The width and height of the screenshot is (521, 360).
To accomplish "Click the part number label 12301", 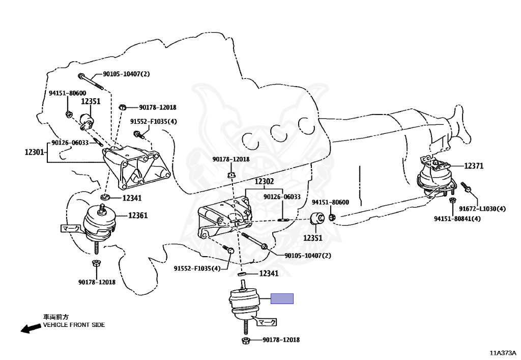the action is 34,152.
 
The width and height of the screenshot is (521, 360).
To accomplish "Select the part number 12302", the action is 265,181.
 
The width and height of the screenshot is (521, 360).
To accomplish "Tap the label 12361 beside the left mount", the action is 138,215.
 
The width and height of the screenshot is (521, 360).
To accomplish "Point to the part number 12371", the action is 474,165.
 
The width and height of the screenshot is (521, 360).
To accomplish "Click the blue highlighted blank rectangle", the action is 282,298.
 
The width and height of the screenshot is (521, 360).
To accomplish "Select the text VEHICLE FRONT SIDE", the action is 74,325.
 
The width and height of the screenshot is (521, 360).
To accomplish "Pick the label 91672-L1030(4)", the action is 482,209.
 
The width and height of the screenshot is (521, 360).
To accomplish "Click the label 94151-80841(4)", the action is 457,219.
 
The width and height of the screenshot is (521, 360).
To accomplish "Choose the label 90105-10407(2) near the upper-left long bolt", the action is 126,74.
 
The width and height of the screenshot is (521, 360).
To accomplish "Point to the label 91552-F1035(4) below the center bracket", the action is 197,268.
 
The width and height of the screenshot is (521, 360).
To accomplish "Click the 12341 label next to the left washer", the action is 132,198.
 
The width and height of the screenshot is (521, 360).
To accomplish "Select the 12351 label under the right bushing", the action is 313,238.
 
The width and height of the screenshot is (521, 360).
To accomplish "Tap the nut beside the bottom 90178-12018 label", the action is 245,340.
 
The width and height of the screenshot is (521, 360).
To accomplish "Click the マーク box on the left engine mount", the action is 71,228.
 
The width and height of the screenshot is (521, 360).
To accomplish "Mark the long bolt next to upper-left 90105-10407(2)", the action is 91,82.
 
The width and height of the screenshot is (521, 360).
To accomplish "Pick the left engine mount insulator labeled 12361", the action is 99,225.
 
